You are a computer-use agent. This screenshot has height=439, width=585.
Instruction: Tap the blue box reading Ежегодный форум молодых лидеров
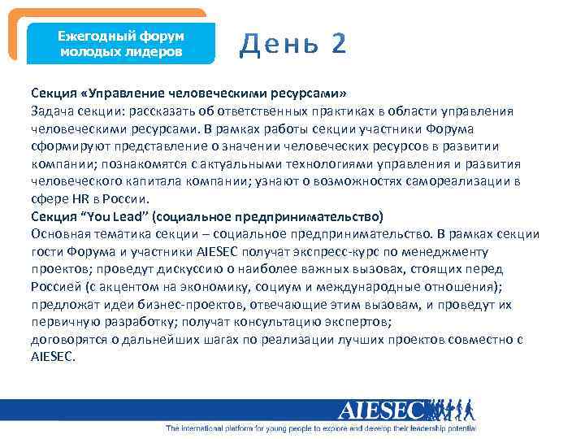[x=122, y=44]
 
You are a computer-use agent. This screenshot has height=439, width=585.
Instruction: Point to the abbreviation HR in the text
[x=76, y=198]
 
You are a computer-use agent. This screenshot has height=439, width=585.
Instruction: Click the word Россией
[x=55, y=286]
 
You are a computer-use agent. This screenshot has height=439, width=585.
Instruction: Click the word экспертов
[x=361, y=322]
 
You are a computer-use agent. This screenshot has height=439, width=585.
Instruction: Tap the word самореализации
[x=442, y=180]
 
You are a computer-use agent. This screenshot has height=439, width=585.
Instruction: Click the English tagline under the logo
[x=321, y=428]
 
